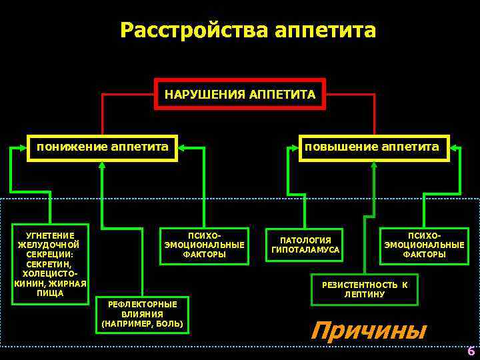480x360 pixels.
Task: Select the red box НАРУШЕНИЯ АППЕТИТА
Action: [x=240, y=95]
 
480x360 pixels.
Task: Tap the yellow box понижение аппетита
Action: [x=102, y=147]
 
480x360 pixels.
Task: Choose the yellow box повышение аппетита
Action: [x=372, y=147]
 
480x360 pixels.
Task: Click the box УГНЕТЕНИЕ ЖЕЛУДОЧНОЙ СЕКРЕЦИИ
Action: [x=51, y=264]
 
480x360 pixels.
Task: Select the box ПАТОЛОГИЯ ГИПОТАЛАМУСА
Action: [x=305, y=245]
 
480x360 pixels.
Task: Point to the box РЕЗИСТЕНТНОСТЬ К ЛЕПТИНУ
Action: [x=365, y=289]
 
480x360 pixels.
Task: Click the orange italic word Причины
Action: [x=368, y=330]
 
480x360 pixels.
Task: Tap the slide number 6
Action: [x=471, y=351]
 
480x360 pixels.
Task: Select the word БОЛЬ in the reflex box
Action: [x=169, y=324]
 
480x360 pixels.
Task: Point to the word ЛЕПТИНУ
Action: [x=365, y=295]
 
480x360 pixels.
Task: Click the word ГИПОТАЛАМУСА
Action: [x=305, y=250]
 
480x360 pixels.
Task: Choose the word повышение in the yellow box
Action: [x=340, y=147]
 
